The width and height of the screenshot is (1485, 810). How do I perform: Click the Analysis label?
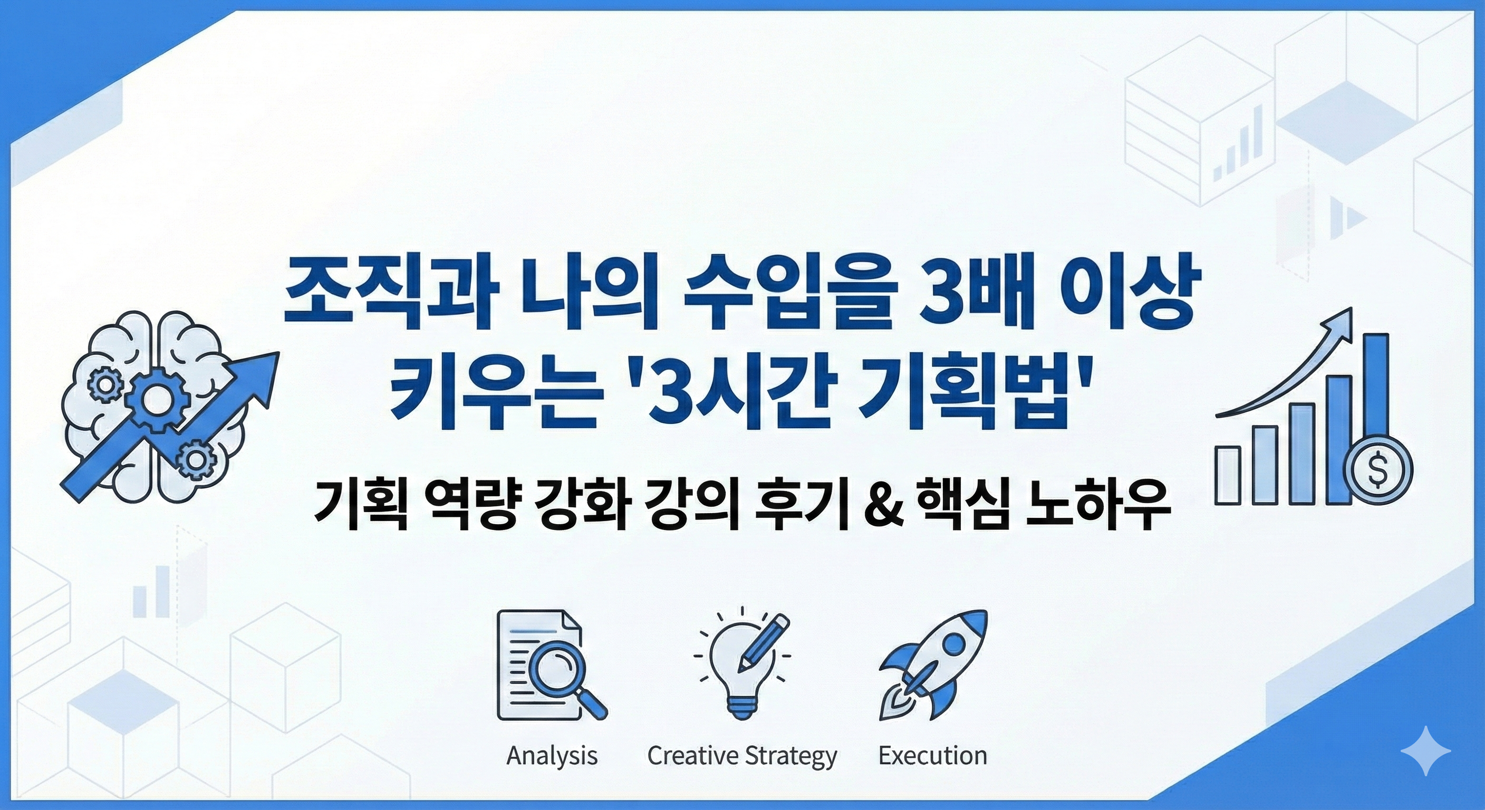coord(552,755)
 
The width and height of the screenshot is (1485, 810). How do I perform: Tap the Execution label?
coord(932,755)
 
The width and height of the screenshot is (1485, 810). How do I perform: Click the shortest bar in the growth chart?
coord(1228,476)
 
